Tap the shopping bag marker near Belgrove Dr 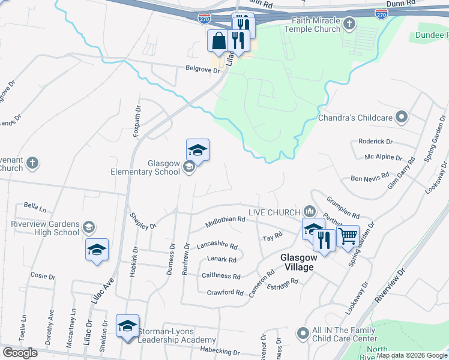(x=217, y=42)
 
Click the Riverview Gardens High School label (x=45, y=228)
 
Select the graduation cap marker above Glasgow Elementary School (x=197, y=150)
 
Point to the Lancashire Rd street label (x=217, y=246)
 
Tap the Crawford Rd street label (x=225, y=293)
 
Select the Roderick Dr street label (x=375, y=142)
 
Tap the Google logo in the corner (x=20, y=352)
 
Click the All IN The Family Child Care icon (x=303, y=331)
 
